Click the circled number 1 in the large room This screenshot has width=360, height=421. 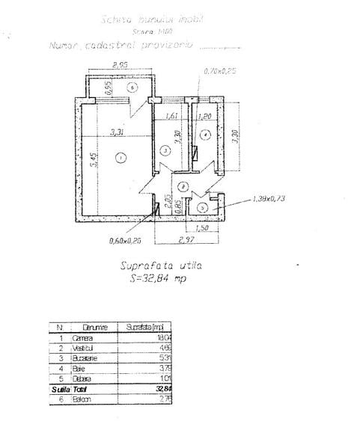pyautogui.click(x=121, y=156)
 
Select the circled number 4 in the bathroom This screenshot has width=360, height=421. pyautogui.click(x=204, y=135)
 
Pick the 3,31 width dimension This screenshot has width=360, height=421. pyautogui.click(x=116, y=132)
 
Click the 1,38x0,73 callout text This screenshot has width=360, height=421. pyautogui.click(x=270, y=198)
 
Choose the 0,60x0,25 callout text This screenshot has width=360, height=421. pyautogui.click(x=125, y=240)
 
